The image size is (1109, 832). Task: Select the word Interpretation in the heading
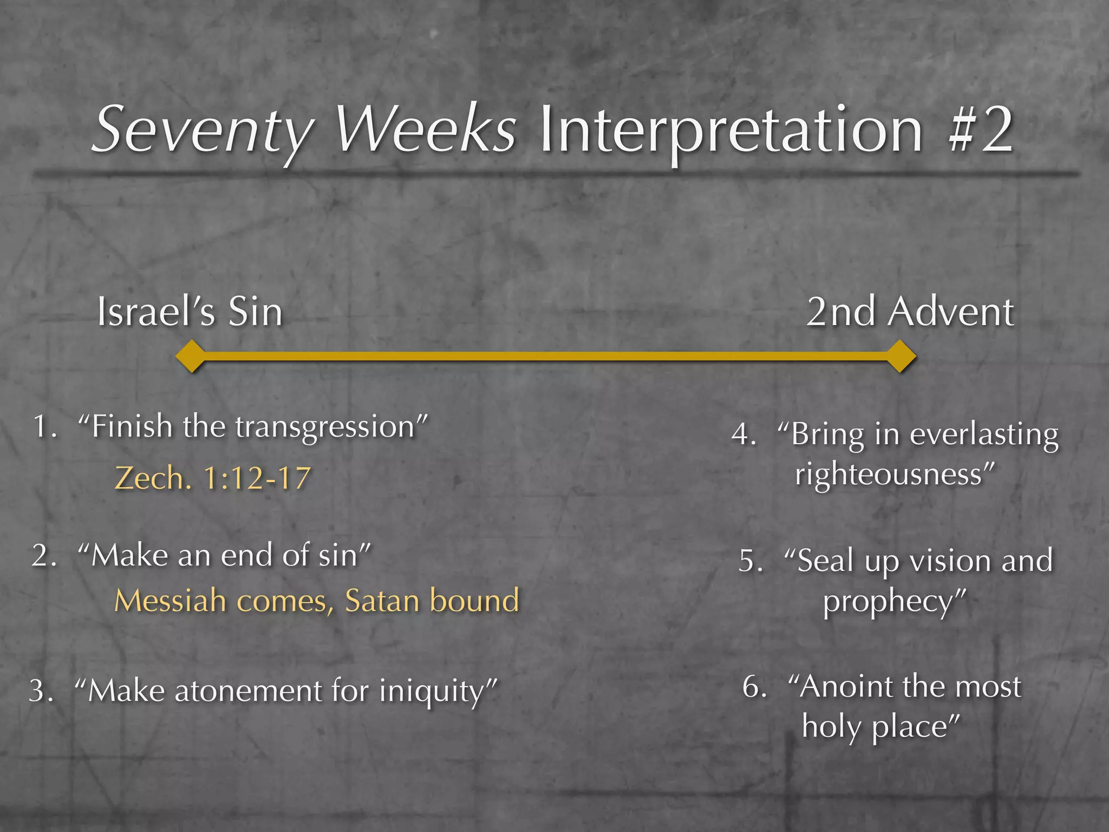pyautogui.click(x=731, y=132)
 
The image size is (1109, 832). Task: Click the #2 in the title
pyautogui.click(x=981, y=130)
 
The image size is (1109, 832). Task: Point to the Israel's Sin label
pyautogui.click(x=190, y=313)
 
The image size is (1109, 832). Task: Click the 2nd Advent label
pyautogui.click(x=910, y=313)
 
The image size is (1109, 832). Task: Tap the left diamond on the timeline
pyautogui.click(x=191, y=356)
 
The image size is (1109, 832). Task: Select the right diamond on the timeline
pyautogui.click(x=900, y=356)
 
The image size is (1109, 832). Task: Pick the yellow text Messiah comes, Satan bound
pyautogui.click(x=317, y=601)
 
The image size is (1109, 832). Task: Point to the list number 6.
pyautogui.click(x=753, y=687)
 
